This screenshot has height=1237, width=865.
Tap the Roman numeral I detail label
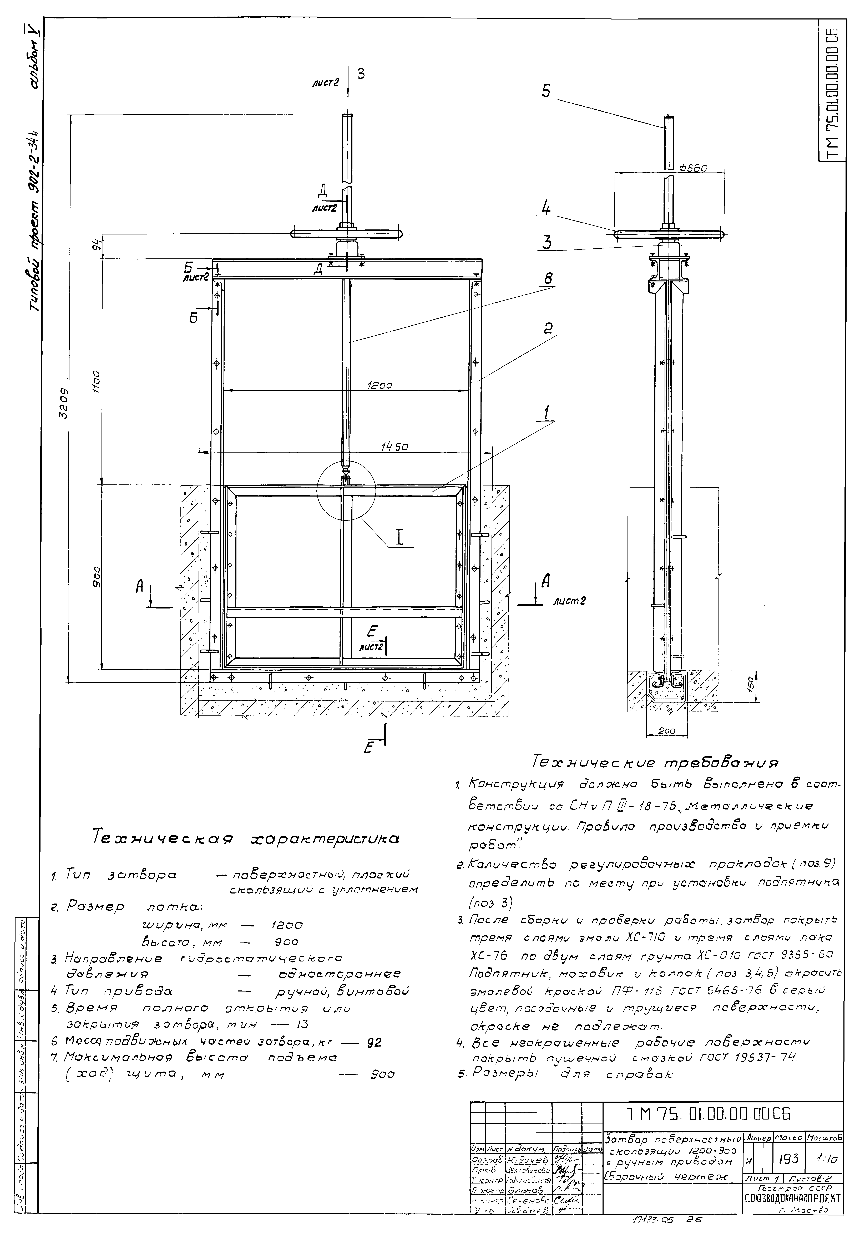(399, 538)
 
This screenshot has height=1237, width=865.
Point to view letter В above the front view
(361, 74)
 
